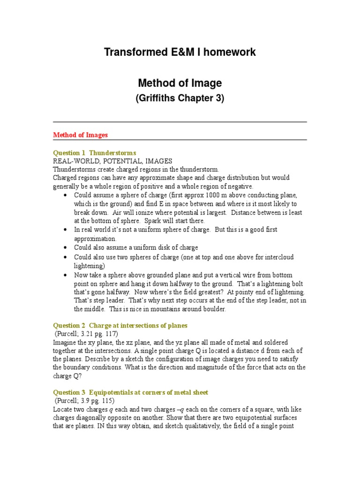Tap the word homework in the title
point(229,52)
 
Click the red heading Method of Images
point(80,135)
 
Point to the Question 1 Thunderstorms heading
point(94,153)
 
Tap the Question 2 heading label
point(69,325)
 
